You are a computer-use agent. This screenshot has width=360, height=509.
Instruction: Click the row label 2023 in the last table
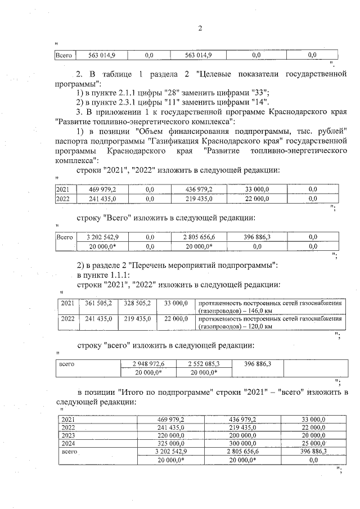[x=68, y=435]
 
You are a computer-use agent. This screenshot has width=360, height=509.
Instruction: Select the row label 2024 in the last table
[x=68, y=443]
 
